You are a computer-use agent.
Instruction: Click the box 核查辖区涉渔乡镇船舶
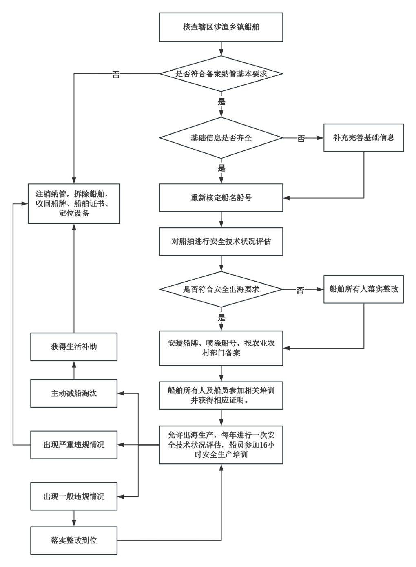[221, 27]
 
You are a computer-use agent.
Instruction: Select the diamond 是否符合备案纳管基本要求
[221, 74]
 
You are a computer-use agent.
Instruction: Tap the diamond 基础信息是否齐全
[221, 138]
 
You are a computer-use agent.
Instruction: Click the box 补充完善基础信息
[363, 138]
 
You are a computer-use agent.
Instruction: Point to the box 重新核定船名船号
[221, 198]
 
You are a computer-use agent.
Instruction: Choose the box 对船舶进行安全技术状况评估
[221, 241]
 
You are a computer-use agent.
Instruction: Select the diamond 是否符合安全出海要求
[221, 289]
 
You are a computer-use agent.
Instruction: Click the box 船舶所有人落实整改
[363, 289]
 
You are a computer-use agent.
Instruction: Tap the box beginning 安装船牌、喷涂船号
[221, 348]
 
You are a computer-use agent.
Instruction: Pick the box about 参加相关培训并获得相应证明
[221, 395]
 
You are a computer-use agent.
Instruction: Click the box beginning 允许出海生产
[221, 445]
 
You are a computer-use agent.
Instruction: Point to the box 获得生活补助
[74, 347]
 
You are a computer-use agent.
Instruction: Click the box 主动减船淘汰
[74, 393]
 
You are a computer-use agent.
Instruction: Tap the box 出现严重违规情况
[74, 445]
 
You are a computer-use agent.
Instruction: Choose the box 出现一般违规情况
[74, 496]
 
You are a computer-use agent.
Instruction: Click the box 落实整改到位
[74, 541]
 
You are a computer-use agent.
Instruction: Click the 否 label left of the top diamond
[116, 74]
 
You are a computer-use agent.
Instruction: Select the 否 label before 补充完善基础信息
[301, 139]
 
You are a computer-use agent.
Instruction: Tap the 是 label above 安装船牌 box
[221, 318]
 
